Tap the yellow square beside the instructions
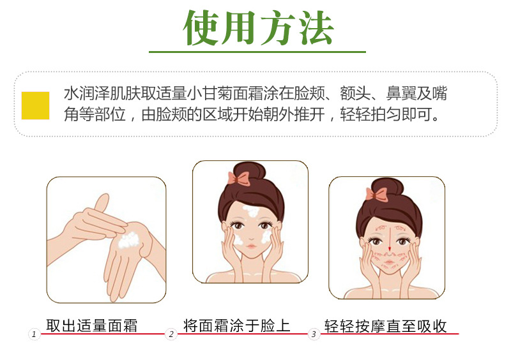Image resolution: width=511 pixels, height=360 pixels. click(36, 105)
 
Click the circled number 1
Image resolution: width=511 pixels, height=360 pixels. click(34, 334)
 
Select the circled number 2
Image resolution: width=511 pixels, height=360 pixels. click(171, 334)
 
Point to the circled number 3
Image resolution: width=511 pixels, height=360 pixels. click(314, 334)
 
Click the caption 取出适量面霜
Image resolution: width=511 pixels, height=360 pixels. click(91, 326)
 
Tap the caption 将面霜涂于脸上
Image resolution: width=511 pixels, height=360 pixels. click(236, 326)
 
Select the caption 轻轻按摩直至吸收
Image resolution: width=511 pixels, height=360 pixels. click(385, 326)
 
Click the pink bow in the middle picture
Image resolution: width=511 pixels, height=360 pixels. click(239, 179)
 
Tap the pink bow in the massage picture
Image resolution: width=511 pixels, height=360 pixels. click(377, 194)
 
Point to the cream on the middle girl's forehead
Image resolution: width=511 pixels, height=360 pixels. click(251, 211)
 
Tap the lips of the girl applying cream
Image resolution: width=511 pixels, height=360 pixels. click(251, 246)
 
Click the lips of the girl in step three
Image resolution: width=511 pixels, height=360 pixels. click(389, 262)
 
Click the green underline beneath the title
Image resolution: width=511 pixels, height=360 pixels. click(257, 52)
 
